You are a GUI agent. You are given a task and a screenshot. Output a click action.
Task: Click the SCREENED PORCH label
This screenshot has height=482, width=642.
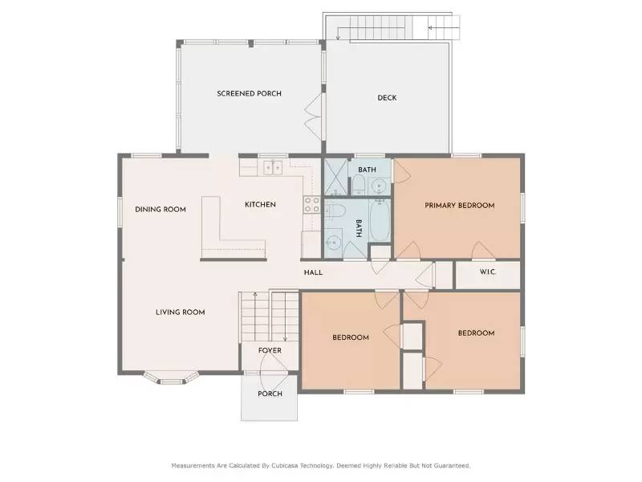pos(249,94)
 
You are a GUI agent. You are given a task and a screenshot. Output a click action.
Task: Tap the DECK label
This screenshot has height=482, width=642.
pos(387,98)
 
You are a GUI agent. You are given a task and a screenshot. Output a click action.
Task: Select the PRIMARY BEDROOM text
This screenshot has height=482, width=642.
pos(459,206)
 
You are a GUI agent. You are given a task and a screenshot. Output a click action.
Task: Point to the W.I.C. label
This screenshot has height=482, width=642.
pos(488,272)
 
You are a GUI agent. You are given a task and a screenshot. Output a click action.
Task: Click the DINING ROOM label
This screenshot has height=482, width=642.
pos(160,210)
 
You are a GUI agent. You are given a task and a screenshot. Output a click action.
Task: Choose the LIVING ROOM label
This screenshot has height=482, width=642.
pos(181,312)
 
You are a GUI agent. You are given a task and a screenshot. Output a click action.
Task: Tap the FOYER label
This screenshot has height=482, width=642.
pos(270,350)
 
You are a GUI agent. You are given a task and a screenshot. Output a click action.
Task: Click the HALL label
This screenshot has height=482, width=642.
pos(313,272)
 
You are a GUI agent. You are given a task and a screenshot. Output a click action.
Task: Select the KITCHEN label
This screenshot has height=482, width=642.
pos(260,205)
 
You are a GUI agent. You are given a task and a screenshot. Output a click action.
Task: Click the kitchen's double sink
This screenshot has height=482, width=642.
pos(271,168)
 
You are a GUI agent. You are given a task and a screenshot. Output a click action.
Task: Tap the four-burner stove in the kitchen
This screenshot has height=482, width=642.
pos(311,206)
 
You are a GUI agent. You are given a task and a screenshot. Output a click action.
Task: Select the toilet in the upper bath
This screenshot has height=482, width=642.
pos(359,186)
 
